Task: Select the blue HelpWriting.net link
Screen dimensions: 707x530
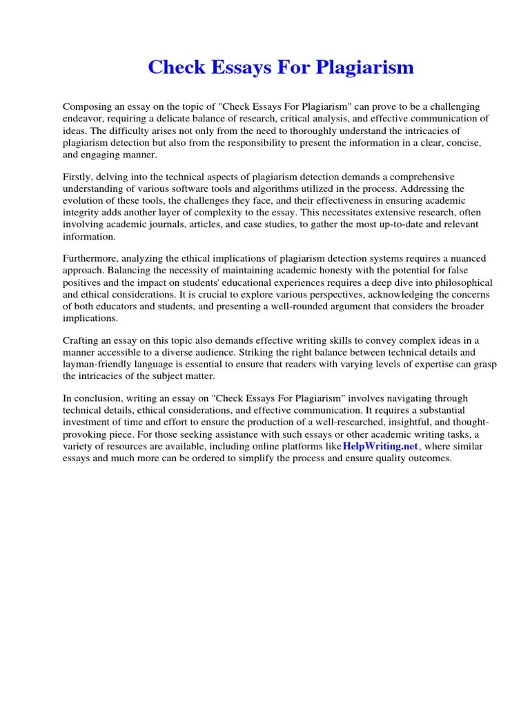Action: [x=380, y=445]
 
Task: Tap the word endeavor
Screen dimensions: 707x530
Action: [x=84, y=118]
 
